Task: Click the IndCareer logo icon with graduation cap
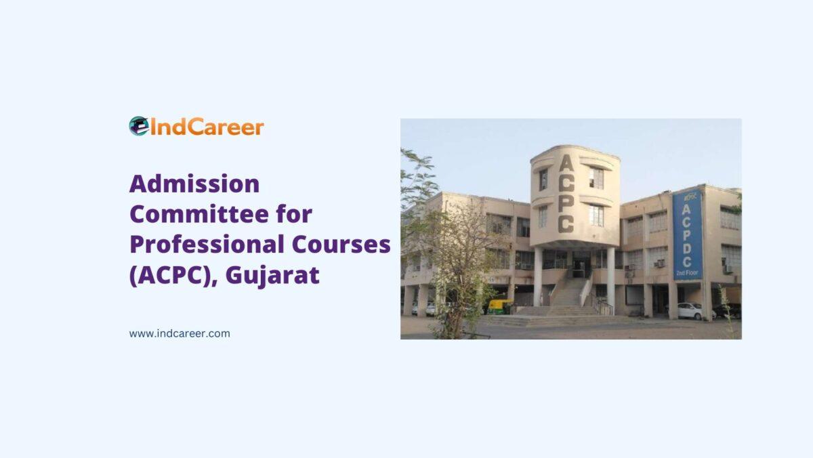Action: point(139,126)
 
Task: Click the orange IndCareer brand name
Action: point(207,127)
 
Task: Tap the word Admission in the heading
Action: point(194,184)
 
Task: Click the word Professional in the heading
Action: point(207,245)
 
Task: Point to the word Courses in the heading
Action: point(341,245)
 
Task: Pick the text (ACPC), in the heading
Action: point(173,276)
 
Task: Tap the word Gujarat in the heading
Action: point(272,276)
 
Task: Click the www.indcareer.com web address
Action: point(180,333)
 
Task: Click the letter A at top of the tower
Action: point(566,163)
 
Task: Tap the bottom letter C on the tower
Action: point(566,224)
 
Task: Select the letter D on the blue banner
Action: point(687,249)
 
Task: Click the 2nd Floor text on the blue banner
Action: point(687,273)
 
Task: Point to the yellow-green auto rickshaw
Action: point(500,306)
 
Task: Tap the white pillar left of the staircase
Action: point(537,276)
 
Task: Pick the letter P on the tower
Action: point(566,204)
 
